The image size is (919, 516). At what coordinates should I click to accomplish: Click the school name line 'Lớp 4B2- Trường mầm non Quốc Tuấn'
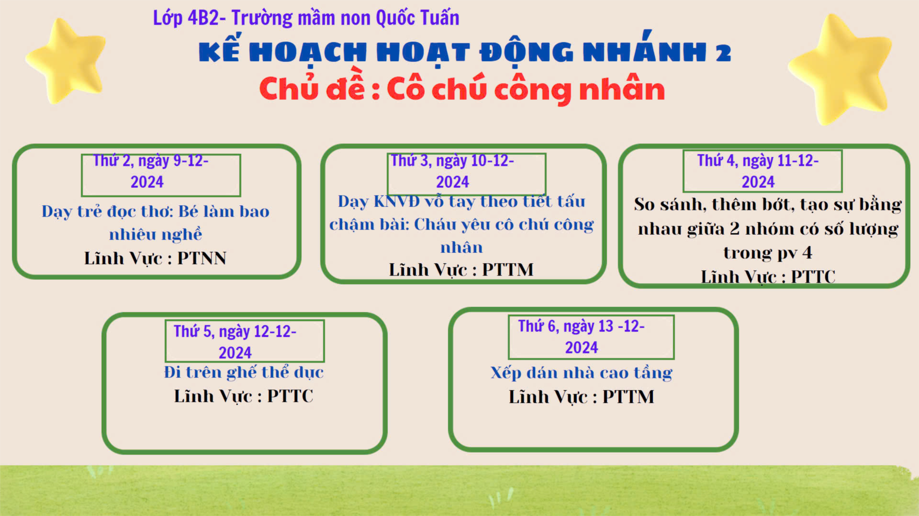[x=306, y=18]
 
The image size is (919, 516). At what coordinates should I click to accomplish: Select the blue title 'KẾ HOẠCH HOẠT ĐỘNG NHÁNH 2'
[x=465, y=52]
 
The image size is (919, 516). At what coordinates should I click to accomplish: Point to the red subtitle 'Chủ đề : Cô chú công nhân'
[x=462, y=88]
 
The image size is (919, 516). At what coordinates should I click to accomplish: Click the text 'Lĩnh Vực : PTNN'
[x=155, y=258]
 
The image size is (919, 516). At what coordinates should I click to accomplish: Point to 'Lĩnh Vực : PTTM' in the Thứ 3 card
[x=461, y=269]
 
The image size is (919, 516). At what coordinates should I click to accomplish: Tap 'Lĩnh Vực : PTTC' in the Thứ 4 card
[x=768, y=277]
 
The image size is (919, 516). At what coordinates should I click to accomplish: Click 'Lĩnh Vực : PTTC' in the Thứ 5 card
[x=244, y=396]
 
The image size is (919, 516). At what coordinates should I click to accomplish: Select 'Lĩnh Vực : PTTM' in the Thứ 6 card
[x=582, y=397]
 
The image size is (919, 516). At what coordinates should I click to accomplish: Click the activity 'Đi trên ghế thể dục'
[x=244, y=372]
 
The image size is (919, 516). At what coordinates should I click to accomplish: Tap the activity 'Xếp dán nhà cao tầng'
[x=582, y=373]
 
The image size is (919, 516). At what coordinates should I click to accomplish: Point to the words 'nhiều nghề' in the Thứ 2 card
[x=155, y=235]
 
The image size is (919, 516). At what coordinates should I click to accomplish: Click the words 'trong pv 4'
[x=768, y=253]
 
